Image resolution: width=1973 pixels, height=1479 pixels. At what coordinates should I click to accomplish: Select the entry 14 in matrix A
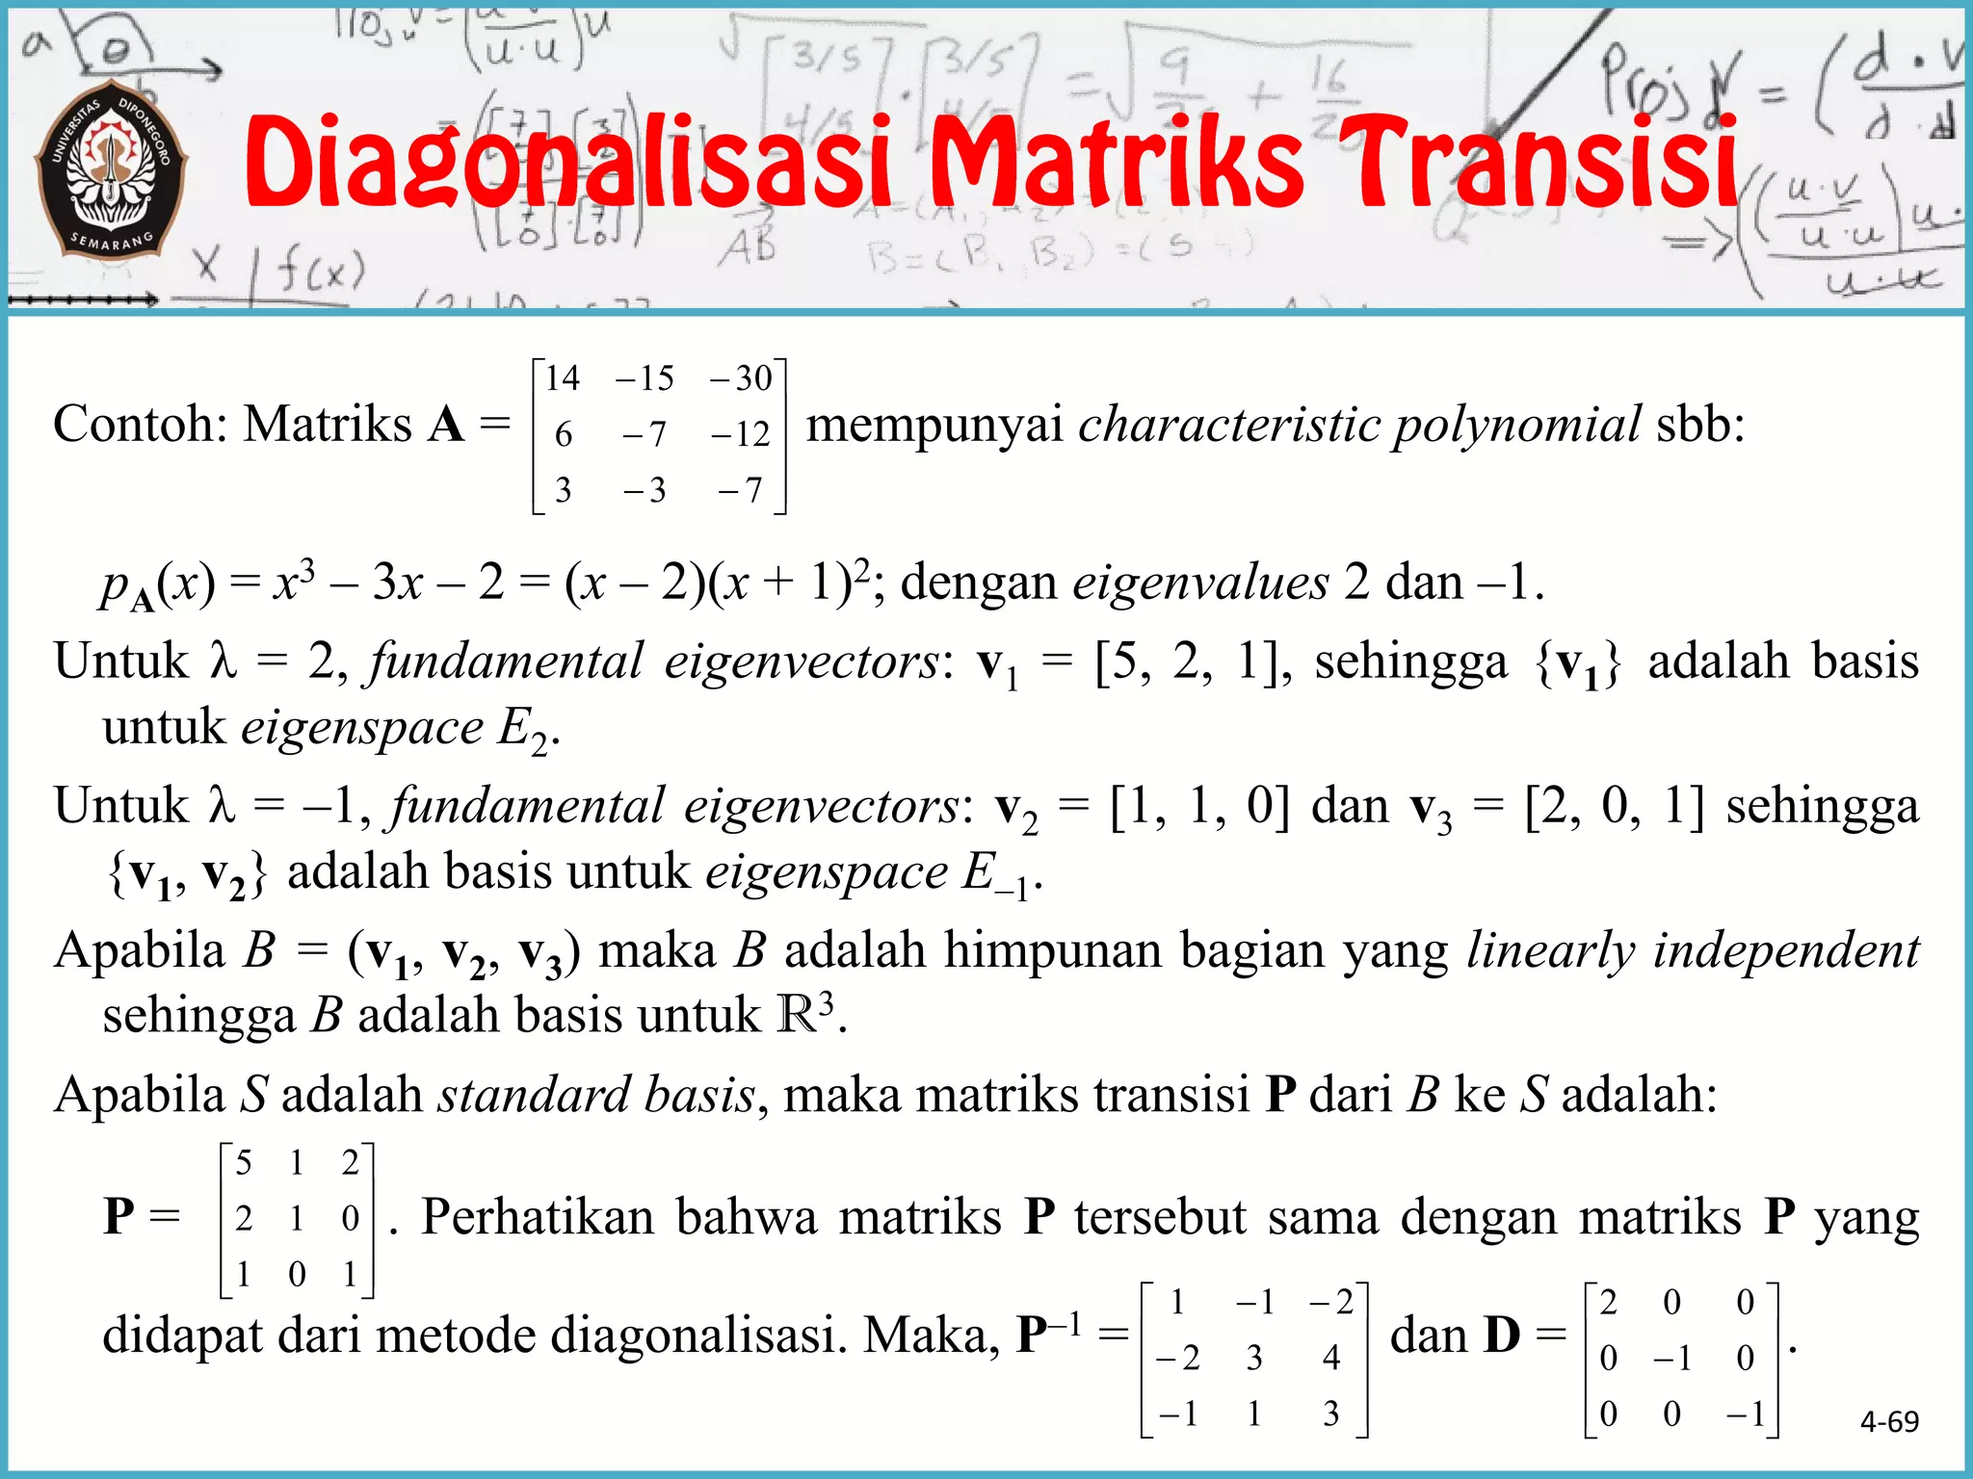coord(563,377)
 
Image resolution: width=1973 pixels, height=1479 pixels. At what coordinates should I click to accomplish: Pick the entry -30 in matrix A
coord(741,377)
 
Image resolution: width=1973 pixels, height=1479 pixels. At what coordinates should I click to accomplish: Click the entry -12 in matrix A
coord(741,434)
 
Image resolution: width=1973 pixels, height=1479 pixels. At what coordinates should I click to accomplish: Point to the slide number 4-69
coord(1889,1421)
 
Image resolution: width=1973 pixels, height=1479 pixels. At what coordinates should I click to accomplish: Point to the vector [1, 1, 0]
coord(1198,807)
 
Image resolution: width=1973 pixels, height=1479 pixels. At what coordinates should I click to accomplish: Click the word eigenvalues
coord(1200,583)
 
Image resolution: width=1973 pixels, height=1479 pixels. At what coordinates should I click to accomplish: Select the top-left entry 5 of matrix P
coord(244,1163)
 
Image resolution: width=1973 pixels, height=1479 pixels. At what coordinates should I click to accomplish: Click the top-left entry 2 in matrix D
coord(1608,1302)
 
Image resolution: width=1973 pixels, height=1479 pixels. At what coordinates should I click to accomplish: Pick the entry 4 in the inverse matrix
coord(1330,1358)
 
